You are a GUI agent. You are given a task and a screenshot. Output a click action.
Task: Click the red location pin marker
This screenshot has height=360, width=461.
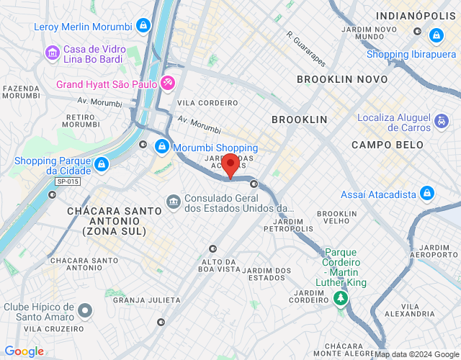click(230, 165)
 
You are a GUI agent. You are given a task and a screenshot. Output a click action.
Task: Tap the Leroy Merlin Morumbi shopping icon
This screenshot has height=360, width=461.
click(143, 26)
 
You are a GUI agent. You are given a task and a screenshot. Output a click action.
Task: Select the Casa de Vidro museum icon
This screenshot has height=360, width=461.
click(52, 53)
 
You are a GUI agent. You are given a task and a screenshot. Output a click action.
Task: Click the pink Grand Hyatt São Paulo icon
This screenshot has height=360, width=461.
click(167, 84)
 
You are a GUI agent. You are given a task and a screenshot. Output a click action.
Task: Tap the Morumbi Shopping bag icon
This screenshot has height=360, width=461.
click(162, 147)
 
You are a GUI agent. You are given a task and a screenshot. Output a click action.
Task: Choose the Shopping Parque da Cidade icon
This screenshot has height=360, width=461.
click(102, 164)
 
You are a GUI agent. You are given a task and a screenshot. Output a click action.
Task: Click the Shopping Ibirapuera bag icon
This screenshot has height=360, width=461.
click(436, 35)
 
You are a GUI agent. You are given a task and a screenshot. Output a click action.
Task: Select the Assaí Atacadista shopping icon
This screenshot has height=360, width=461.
click(428, 194)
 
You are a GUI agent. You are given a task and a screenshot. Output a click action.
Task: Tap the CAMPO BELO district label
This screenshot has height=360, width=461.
click(382, 145)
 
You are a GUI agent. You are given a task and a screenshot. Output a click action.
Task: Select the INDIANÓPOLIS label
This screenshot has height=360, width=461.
click(413, 15)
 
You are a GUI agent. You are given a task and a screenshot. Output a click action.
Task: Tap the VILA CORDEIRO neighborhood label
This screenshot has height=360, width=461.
click(207, 103)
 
